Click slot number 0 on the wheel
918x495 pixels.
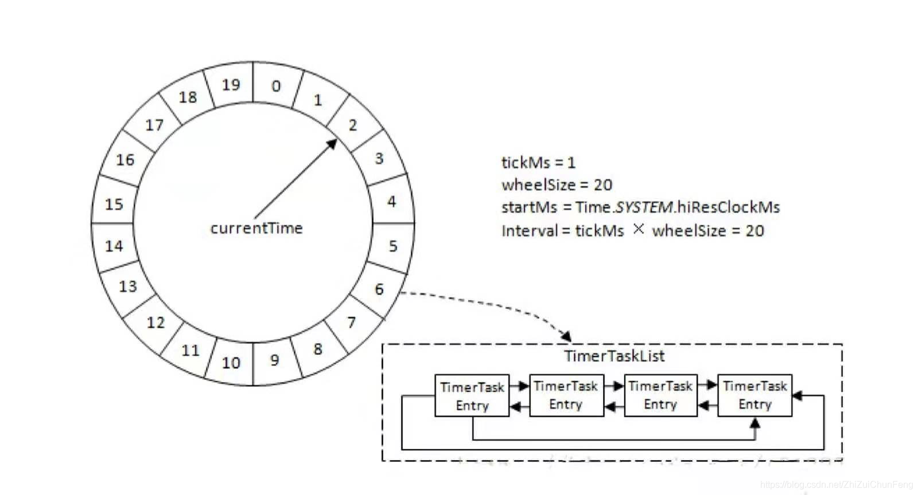point(276,86)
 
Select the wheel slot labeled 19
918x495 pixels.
point(231,85)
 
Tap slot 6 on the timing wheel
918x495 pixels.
point(379,289)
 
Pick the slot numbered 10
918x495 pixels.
point(231,363)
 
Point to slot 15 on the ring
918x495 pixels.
point(114,204)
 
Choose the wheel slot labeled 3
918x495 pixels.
point(379,158)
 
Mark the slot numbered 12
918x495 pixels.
point(155,323)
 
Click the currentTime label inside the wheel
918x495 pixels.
point(256,228)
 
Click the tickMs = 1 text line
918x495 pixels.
point(538,163)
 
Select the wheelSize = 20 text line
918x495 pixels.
point(557,185)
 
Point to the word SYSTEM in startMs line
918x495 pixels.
point(644,207)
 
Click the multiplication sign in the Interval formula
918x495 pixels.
point(639,229)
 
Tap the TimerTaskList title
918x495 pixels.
point(614,356)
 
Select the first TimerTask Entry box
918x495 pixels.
point(472,395)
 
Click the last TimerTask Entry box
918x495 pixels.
point(754,395)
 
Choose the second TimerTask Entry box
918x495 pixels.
point(566,395)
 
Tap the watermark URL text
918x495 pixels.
point(836,485)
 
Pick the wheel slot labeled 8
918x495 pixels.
point(318,349)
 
